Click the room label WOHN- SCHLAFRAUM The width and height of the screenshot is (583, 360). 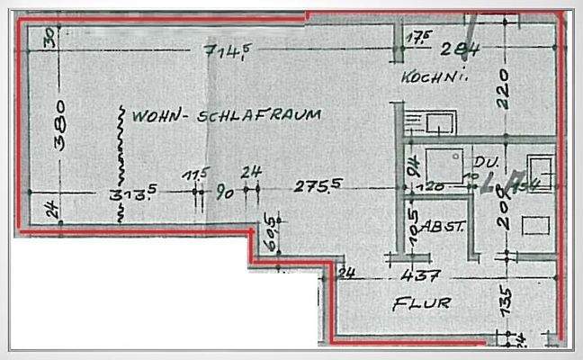tap(226, 116)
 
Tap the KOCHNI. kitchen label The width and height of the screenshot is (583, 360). tap(438, 76)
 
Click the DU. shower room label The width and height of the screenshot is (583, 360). tap(486, 162)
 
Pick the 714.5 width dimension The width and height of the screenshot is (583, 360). tap(224, 51)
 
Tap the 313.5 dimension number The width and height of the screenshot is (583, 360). tap(129, 193)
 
